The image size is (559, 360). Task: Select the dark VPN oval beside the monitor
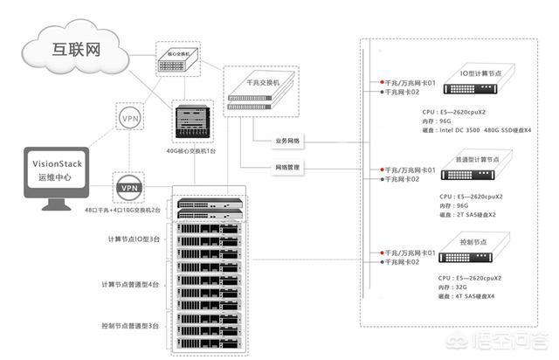pos(129,187)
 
